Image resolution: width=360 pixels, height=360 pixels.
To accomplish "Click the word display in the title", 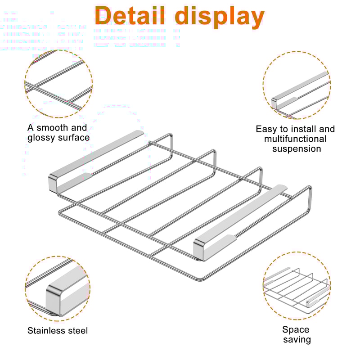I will [x=219, y=16].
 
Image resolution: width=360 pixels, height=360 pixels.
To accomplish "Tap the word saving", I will [x=297, y=340].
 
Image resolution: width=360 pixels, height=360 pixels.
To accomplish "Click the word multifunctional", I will [x=295, y=139].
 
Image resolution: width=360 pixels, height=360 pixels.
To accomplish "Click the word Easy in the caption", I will [x=266, y=129].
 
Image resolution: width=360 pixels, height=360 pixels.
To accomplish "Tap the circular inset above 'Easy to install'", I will [x=297, y=85].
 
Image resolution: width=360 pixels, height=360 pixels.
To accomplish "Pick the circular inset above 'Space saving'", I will [x=297, y=287].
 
